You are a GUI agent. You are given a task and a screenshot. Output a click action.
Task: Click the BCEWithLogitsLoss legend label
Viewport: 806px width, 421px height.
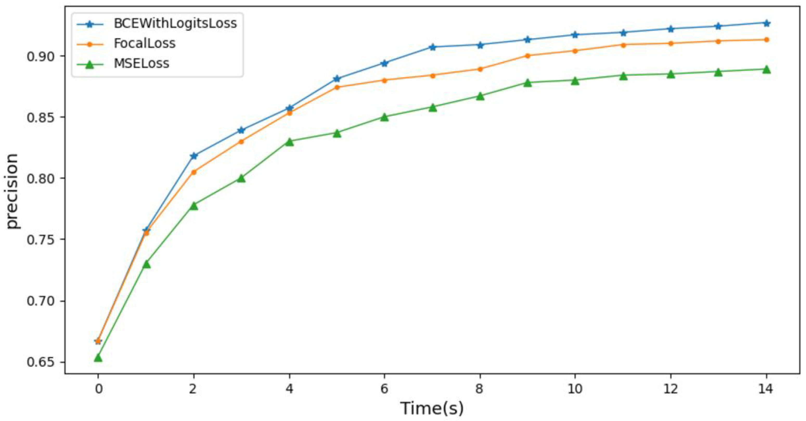click(175, 23)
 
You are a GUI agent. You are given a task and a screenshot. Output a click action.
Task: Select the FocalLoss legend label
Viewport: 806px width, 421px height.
click(144, 43)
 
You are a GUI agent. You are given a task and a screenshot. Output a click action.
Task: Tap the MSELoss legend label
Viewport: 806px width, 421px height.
click(141, 63)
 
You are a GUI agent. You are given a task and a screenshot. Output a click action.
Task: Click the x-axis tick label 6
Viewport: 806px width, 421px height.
click(384, 389)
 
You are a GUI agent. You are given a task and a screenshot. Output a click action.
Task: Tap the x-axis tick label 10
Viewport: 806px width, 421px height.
click(575, 389)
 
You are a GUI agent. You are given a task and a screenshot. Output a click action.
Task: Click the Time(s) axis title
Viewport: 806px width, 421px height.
click(432, 409)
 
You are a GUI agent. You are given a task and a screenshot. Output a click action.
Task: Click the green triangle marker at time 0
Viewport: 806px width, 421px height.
click(98, 358)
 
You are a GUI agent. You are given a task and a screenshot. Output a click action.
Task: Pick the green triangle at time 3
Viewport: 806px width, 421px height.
click(241, 178)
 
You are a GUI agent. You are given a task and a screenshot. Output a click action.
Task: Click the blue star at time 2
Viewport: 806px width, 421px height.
click(194, 156)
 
